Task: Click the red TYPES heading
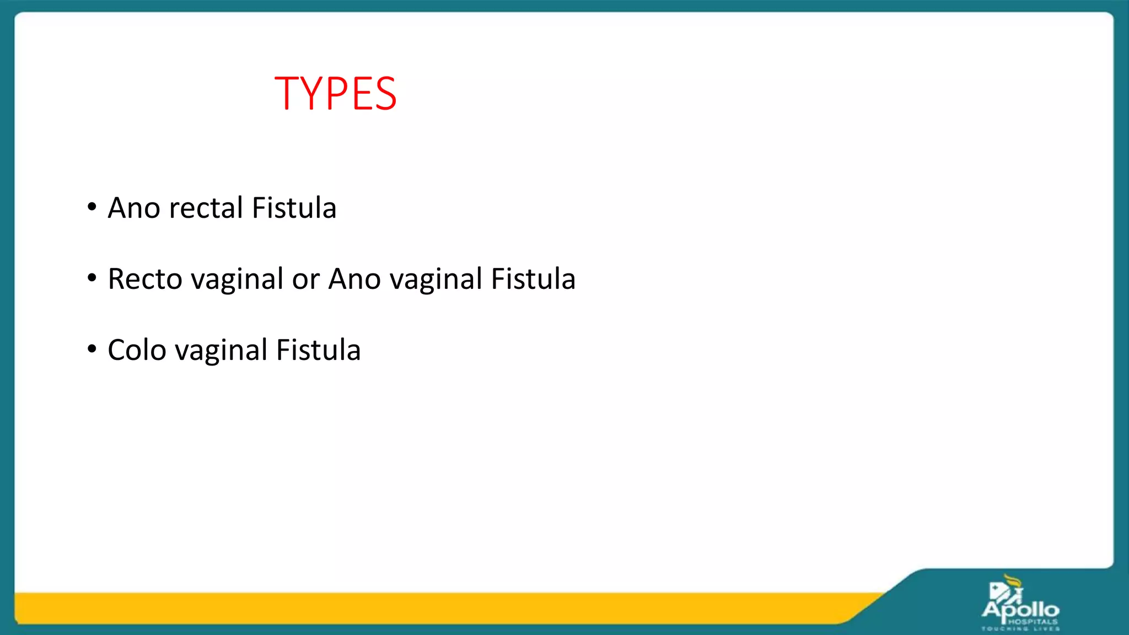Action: coord(335,94)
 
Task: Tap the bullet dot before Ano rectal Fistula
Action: coord(92,208)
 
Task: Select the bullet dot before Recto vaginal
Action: coord(92,278)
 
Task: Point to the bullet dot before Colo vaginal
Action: coord(92,349)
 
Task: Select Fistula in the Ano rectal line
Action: coord(294,208)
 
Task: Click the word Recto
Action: coord(145,279)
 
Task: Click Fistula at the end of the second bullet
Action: coord(533,279)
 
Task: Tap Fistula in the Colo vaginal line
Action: coord(318,350)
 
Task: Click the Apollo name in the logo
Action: coord(1020,610)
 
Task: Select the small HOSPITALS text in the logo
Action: coord(1033,621)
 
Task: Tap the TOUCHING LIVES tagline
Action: coord(1020,628)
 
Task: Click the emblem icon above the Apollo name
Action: coord(1007,589)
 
